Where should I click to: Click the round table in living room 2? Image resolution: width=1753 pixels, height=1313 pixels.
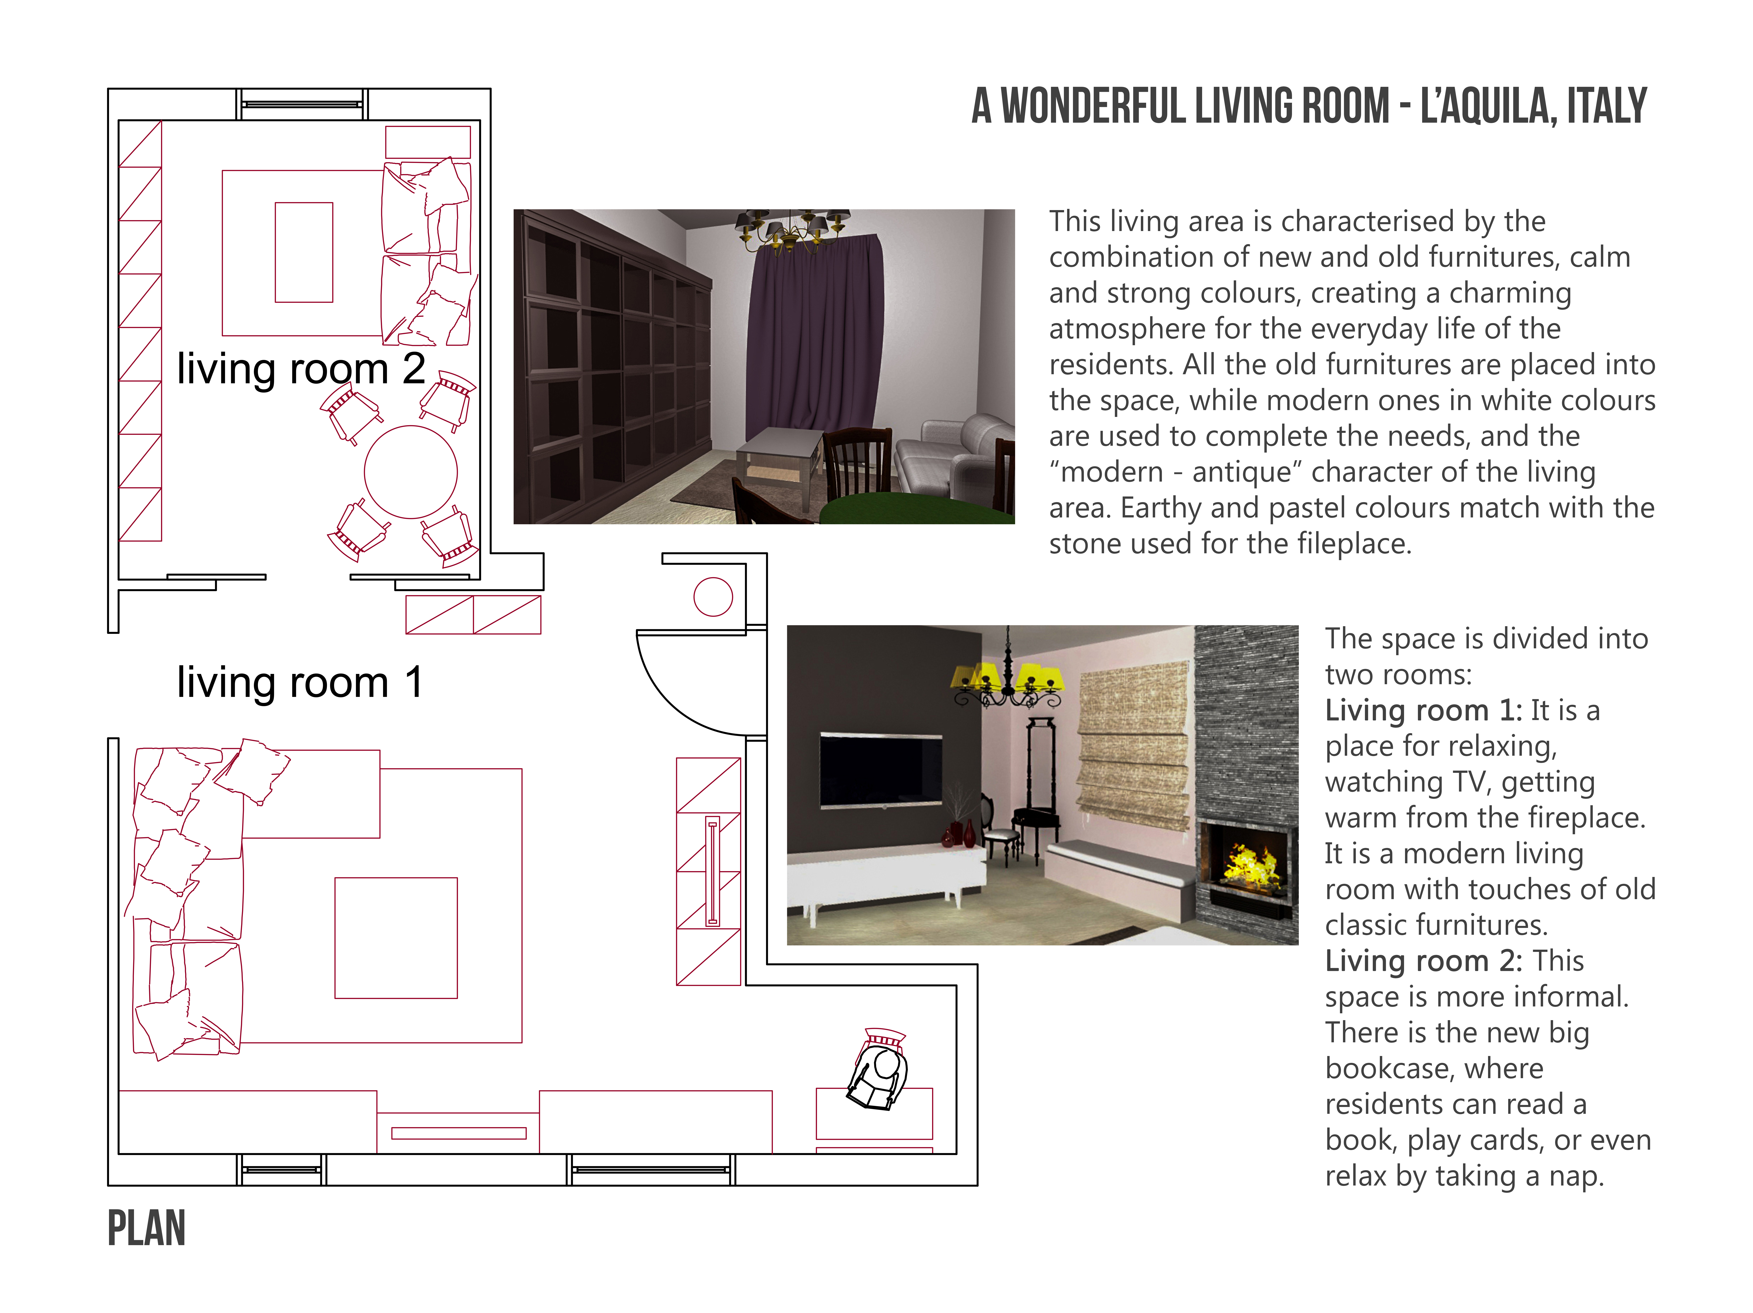click(x=410, y=472)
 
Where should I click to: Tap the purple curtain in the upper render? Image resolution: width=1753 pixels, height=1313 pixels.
click(x=814, y=337)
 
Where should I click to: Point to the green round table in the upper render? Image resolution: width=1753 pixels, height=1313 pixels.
click(x=915, y=510)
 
